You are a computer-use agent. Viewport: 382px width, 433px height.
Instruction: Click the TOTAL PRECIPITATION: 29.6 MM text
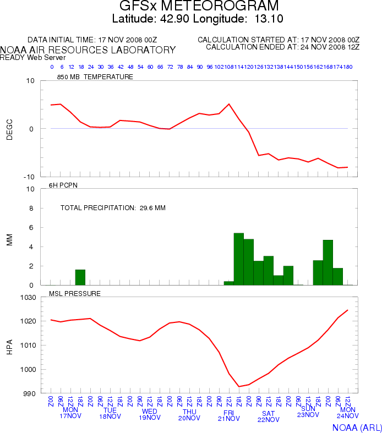tap(113, 208)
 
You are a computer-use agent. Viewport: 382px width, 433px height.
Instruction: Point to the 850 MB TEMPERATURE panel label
tap(95, 77)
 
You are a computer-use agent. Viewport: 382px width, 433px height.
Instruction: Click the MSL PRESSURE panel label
tap(75, 293)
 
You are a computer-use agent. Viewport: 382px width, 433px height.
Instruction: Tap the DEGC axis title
tap(9, 129)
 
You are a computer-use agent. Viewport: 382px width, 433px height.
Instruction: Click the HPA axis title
tap(9, 346)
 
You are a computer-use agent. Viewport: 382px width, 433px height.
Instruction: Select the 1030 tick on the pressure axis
tap(29, 297)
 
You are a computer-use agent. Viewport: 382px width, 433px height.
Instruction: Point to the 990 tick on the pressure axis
tap(31, 393)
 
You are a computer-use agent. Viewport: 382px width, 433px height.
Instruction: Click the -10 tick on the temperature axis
tap(29, 177)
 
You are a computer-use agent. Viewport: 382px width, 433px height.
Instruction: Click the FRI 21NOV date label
tap(228, 415)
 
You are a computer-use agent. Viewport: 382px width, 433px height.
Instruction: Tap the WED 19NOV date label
tap(150, 414)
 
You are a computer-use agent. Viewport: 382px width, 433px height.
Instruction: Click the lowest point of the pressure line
tap(239, 386)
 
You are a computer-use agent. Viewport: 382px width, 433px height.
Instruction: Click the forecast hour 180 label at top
tap(348, 67)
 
